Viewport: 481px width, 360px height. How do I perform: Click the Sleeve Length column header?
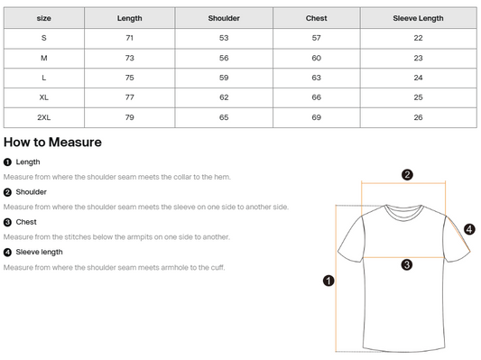point(418,18)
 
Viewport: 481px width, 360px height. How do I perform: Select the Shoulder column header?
point(224,18)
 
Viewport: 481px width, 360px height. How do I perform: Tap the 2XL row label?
point(44,117)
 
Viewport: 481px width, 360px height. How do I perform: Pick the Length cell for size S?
point(129,38)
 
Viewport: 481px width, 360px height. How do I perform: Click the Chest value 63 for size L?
point(316,78)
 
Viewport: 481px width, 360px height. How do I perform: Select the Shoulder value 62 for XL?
point(224,97)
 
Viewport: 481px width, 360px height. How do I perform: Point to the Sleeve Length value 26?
point(418,117)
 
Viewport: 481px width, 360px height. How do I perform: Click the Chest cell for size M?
point(316,58)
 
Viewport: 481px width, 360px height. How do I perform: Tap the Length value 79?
point(129,117)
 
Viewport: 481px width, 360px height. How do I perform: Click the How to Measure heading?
point(52,143)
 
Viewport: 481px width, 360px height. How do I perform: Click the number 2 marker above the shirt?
point(407,175)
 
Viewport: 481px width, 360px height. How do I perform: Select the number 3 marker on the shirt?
point(407,264)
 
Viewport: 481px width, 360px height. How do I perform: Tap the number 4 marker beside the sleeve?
point(469,229)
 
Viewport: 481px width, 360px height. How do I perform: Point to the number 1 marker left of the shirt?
point(328,281)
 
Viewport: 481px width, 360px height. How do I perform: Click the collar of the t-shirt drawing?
point(404,213)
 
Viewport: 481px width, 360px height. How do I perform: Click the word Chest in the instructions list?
point(26,222)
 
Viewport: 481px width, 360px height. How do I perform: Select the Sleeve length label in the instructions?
point(40,252)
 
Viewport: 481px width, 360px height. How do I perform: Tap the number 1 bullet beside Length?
point(7,162)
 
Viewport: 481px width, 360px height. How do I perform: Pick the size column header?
point(44,18)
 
